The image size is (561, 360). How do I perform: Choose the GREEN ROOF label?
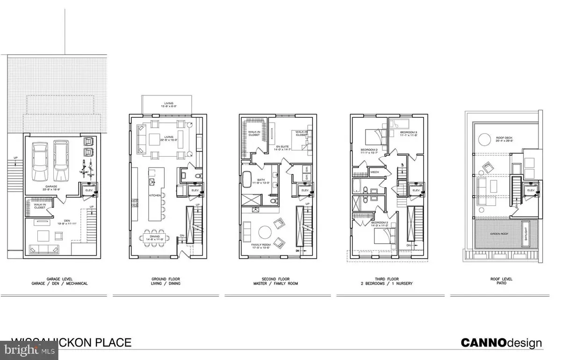(x=496, y=233)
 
